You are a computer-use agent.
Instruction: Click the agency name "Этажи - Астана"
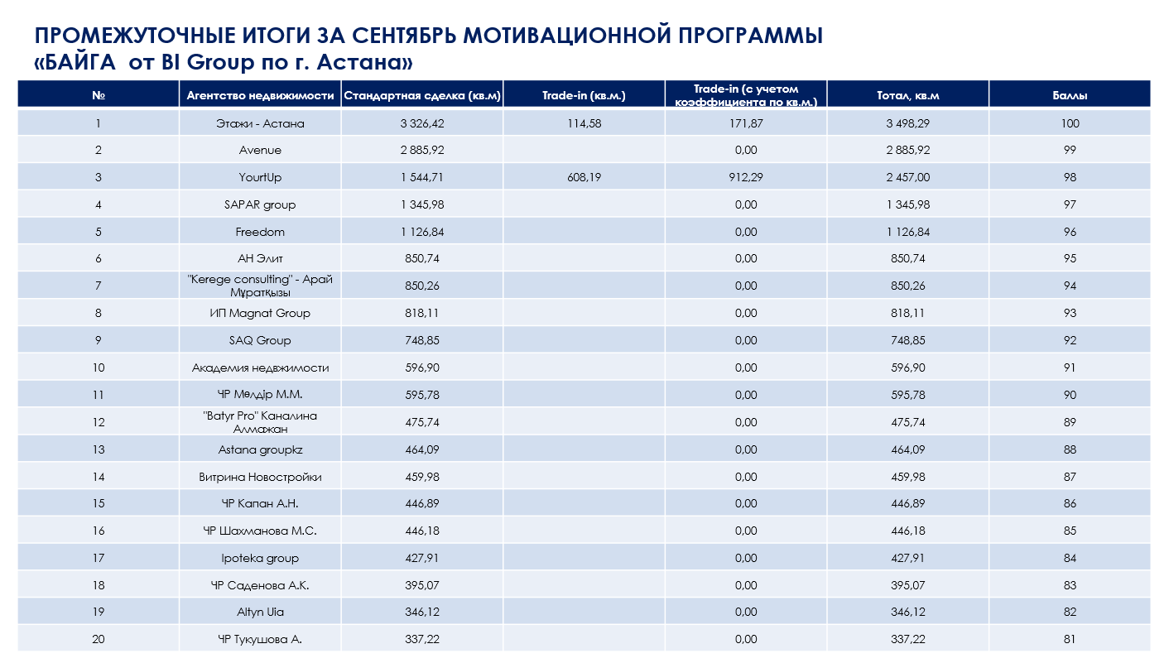pyautogui.click(x=260, y=123)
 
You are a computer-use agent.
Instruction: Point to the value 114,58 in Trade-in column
pyautogui.click(x=584, y=123)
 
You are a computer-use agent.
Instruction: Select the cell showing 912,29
pyautogui.click(x=746, y=178)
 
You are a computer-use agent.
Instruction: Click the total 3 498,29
pyautogui.click(x=907, y=123)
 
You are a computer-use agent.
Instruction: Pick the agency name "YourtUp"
pyautogui.click(x=260, y=178)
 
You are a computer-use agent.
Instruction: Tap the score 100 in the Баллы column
pyautogui.click(x=1070, y=123)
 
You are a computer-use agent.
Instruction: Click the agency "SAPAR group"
pyautogui.click(x=260, y=204)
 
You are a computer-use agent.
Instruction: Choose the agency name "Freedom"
pyautogui.click(x=260, y=232)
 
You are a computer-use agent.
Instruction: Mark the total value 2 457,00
pyautogui.click(x=907, y=178)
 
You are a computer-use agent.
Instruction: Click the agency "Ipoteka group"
pyautogui.click(x=260, y=558)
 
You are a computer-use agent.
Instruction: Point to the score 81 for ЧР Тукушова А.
pyautogui.click(x=1070, y=639)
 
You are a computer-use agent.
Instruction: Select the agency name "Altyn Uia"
pyautogui.click(x=260, y=612)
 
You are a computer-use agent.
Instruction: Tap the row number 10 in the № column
pyautogui.click(x=99, y=368)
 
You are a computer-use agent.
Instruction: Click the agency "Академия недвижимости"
pyautogui.click(x=260, y=368)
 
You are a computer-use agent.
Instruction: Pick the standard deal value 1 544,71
pyautogui.click(x=422, y=178)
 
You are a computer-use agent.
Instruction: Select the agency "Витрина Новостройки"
pyautogui.click(x=260, y=477)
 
